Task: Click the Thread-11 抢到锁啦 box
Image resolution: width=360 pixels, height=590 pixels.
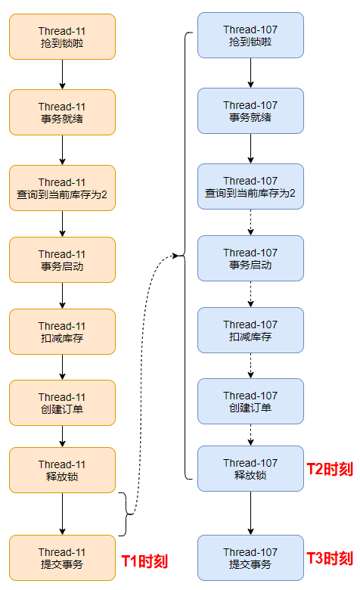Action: (x=62, y=37)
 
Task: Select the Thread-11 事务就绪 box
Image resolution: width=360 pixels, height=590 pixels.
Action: (x=62, y=113)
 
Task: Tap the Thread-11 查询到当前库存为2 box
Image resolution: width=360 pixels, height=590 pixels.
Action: (x=62, y=188)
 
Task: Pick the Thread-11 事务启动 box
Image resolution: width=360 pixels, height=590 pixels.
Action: (x=62, y=260)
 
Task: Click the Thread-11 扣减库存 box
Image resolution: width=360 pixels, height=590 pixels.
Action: (x=62, y=332)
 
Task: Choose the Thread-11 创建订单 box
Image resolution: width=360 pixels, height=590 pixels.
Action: (x=62, y=403)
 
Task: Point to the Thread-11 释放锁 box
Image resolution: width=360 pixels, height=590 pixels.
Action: (x=62, y=470)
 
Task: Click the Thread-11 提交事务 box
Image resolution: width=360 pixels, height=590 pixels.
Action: (x=62, y=558)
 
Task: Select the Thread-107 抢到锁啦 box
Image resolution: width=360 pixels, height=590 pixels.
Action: (x=250, y=36)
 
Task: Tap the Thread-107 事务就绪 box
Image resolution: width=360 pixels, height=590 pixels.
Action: (x=250, y=111)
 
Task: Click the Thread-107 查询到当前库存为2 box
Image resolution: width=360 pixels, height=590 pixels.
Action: (x=250, y=187)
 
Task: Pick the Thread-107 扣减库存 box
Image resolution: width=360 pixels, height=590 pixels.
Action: (x=250, y=331)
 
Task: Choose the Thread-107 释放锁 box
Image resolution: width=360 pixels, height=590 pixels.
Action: (x=250, y=469)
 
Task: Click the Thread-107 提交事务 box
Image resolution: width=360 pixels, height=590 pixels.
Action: (x=250, y=558)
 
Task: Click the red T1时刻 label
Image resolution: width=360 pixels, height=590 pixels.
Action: (x=144, y=561)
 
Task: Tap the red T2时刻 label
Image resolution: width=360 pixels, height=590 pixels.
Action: (x=330, y=469)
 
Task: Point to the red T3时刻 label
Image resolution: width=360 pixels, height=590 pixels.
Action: (x=330, y=558)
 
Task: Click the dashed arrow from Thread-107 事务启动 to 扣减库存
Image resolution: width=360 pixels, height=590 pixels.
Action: (x=250, y=294)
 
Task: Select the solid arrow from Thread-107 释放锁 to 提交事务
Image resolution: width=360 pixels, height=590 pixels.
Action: (x=250, y=514)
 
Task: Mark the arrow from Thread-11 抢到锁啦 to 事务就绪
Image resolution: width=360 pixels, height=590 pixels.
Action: (x=63, y=74)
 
